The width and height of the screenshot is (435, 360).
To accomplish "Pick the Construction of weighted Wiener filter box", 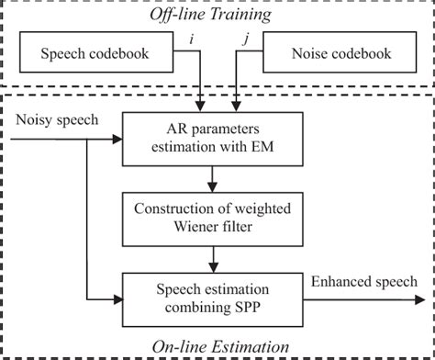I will pos(215,213).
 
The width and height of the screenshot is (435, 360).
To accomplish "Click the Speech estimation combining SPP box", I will pos(215,297).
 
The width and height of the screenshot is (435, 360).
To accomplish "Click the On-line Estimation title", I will pos(217,345).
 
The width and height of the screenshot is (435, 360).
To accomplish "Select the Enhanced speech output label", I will pos(364,281).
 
